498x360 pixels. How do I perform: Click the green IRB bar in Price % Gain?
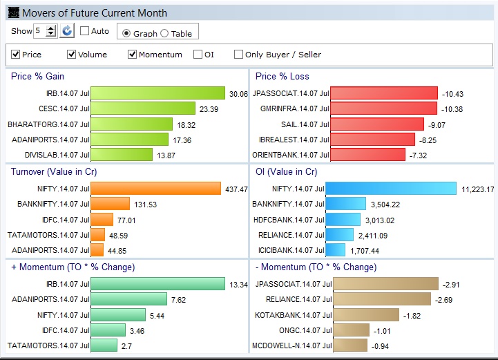coord(158,93)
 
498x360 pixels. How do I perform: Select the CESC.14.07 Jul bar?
coord(143,108)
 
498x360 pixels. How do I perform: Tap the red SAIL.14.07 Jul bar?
coord(377,124)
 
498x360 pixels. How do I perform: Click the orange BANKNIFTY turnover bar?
coord(111,203)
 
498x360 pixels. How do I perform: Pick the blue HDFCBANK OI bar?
coord(343,220)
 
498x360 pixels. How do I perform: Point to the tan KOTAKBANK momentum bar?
coord(366,314)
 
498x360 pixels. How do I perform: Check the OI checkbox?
coord(198,55)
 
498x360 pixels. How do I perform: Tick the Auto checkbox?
coord(84,31)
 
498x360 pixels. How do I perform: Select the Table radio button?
coord(164,33)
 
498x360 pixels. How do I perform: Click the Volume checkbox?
coord(71,55)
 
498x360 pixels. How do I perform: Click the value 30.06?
coord(238,94)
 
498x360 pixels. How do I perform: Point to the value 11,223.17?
coord(478,189)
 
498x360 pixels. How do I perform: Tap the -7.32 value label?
coord(418,155)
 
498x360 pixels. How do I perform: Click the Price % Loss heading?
coord(282,76)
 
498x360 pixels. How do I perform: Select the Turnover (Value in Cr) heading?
coord(54,171)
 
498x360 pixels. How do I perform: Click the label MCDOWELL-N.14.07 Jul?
coord(292,345)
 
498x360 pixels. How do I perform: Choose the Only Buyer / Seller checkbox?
coord(238,55)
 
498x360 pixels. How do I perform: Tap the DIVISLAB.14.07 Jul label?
coord(57,155)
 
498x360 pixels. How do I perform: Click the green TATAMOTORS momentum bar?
coord(104,345)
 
